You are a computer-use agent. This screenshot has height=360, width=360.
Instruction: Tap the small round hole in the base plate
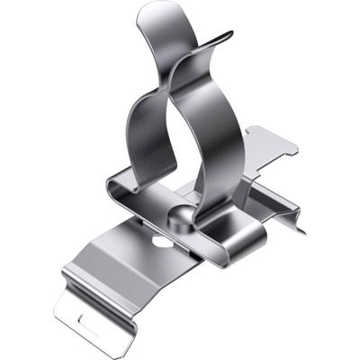tap(160, 241)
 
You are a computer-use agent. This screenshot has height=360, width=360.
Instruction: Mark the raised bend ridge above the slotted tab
tap(85, 279)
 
